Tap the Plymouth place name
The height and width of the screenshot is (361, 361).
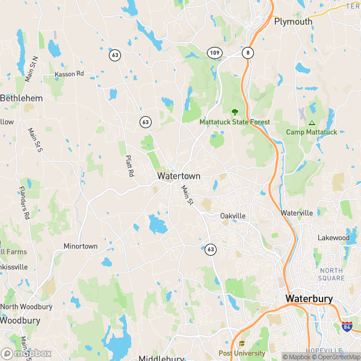pos(293,22)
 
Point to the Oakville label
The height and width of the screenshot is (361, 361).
pos(233,216)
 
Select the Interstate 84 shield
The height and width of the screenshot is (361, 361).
pos(347,327)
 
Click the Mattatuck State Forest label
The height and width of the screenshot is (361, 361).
pos(235,122)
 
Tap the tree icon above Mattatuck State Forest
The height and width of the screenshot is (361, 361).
pos(235,111)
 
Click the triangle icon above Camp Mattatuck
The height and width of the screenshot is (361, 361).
pos(312,122)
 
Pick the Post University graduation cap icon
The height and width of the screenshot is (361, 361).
pos(241,344)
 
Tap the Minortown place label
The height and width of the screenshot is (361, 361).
pos(81,246)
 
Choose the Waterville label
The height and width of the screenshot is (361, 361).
pos(297,213)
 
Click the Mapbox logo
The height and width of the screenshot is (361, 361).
pos(26,353)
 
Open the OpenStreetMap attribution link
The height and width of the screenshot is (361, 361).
pos(336,357)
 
